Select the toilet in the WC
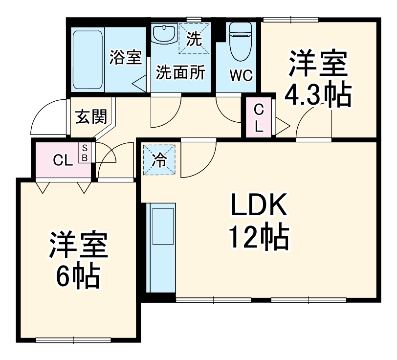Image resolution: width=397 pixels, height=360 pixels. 240,35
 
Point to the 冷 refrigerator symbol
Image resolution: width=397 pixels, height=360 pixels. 159,159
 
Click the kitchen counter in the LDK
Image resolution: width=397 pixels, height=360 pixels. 161,249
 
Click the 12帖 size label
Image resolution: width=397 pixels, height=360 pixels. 259,237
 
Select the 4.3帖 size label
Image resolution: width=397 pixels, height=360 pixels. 318,95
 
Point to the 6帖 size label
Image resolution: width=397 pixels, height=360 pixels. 78,277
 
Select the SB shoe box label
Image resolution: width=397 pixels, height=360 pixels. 85,152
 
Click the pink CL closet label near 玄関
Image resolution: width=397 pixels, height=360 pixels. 63,159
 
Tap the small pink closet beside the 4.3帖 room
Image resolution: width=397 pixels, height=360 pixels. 259,118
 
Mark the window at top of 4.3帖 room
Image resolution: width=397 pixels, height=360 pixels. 290,20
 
